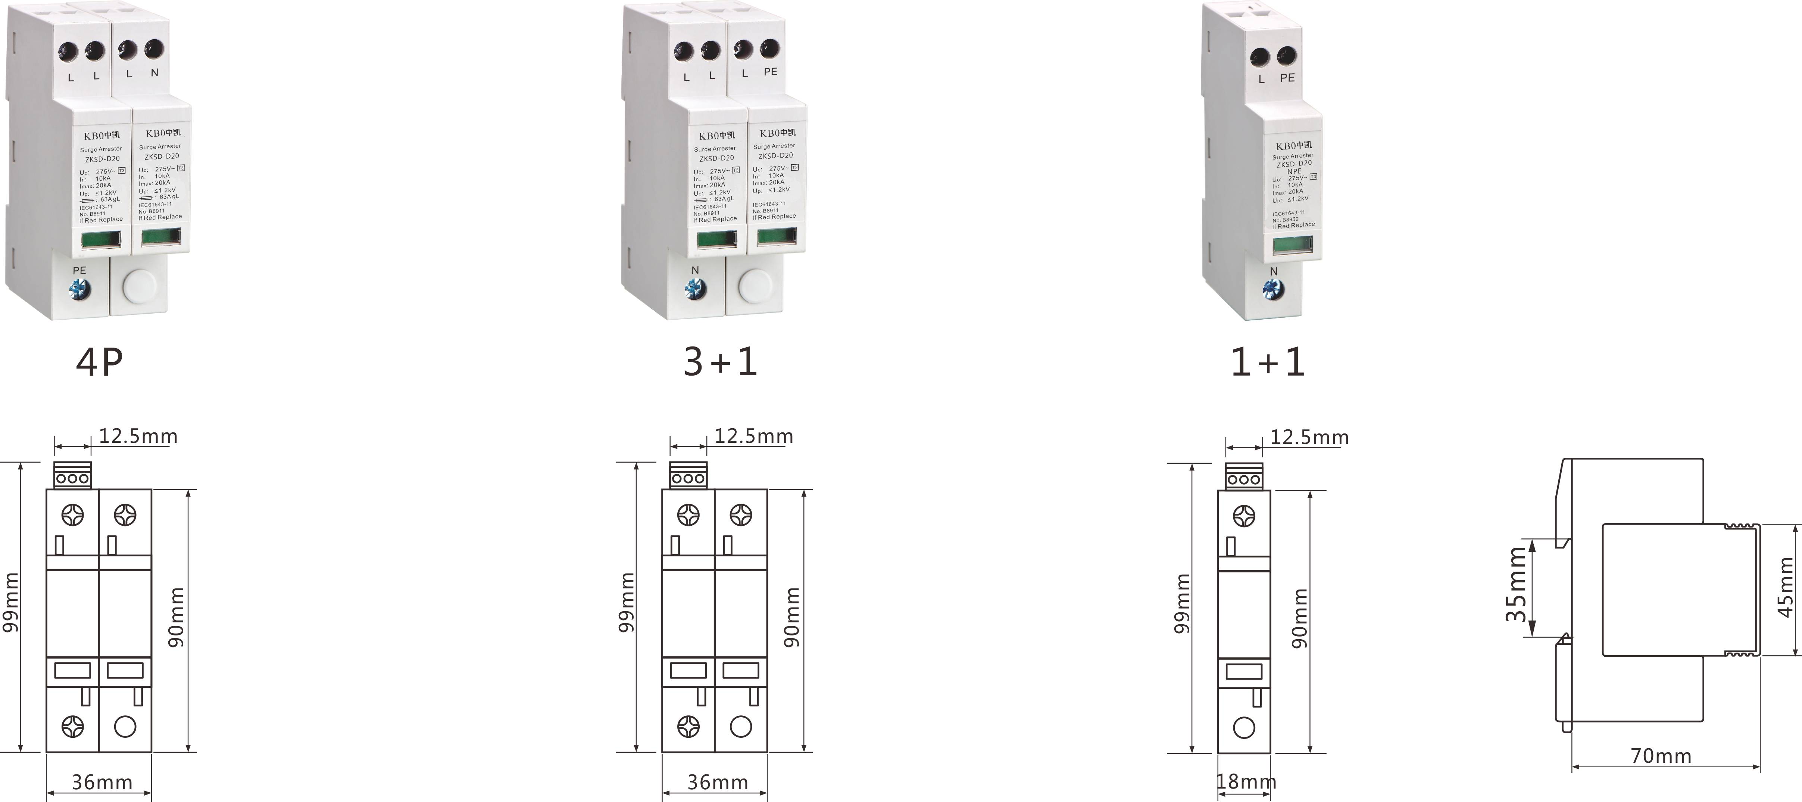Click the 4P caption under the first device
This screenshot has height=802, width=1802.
[99, 362]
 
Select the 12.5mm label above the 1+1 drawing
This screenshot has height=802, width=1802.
[1309, 437]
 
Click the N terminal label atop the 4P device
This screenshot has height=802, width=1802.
[154, 73]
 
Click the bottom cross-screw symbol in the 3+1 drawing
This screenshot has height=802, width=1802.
[688, 727]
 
